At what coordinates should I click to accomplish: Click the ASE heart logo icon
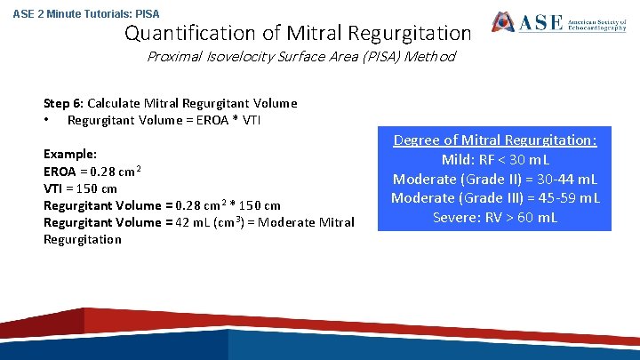pyautogui.click(x=503, y=22)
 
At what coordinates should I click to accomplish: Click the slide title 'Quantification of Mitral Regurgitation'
pyautogui.click(x=298, y=34)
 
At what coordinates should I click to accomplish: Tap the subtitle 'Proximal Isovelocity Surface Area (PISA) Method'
pyautogui.click(x=301, y=57)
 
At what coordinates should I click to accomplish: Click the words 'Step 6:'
pyautogui.click(x=63, y=103)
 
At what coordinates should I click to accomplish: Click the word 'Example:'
pyautogui.click(x=70, y=154)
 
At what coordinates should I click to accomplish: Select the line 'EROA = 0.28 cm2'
pyautogui.click(x=93, y=171)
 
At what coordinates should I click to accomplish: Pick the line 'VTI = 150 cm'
pyautogui.click(x=80, y=188)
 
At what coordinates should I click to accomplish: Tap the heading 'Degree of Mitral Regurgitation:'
pyautogui.click(x=495, y=140)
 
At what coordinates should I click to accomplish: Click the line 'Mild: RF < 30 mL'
pyautogui.click(x=495, y=160)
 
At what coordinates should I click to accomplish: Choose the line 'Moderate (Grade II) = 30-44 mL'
pyautogui.click(x=495, y=180)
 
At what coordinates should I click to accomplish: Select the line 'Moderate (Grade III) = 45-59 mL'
pyautogui.click(x=495, y=198)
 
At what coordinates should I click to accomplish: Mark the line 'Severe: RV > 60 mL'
pyautogui.click(x=495, y=218)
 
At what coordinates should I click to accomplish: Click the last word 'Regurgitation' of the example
pyautogui.click(x=83, y=239)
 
